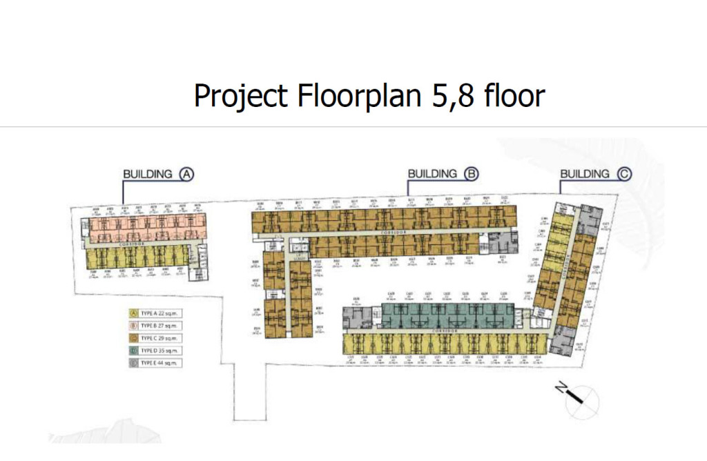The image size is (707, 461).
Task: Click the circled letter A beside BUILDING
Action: click(x=186, y=174)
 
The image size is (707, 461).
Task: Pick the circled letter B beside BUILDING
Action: click(x=471, y=174)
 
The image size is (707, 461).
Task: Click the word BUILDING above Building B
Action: click(x=432, y=174)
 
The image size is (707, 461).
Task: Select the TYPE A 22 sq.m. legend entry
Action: click(x=155, y=313)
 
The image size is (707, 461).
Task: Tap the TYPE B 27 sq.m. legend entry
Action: click(x=155, y=326)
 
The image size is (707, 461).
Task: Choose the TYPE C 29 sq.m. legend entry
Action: click(x=155, y=338)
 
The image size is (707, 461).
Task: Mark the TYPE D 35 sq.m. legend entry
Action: click(x=155, y=351)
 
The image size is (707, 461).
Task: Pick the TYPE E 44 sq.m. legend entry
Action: click(x=155, y=363)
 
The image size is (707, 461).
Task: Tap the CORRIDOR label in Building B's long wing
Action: click(x=389, y=235)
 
